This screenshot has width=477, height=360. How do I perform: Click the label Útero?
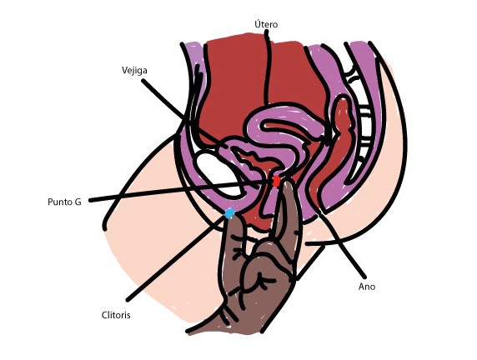coord(266,24)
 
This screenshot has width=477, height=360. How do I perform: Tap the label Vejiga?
coord(134,71)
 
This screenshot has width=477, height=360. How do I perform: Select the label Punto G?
coord(64,202)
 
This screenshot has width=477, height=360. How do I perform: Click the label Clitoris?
coord(116,315)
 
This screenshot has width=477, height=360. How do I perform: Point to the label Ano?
coord(367,287)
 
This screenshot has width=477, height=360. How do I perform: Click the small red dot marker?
coord(276,181)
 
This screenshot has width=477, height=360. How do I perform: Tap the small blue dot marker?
coord(229,213)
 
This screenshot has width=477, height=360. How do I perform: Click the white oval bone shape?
coord(218,174)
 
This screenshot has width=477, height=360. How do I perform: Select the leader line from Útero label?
coord(267,68)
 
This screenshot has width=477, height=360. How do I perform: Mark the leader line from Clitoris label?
coord(177,258)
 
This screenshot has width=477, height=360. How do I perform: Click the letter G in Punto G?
coord(78,202)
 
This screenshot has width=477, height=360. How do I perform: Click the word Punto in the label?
coord(60,202)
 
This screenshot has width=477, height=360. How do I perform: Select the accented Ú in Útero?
coord(258,24)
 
